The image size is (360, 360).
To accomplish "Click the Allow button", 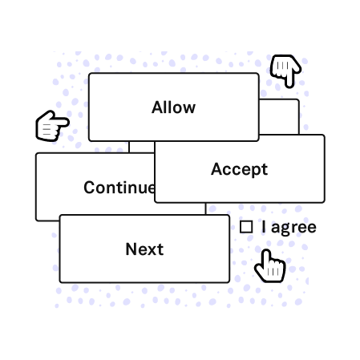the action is pos(174,107).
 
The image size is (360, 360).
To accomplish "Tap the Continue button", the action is pos(95,187).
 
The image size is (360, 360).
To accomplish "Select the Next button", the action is pos(144,249).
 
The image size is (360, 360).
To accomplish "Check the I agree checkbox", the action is pos(246,227).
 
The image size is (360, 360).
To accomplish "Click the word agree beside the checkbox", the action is pos(293,228).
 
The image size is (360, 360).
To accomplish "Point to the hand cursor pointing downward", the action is pos(285,71).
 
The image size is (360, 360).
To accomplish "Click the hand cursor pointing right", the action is pos(52,126).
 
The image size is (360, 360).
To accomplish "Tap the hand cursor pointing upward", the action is pos(270,266).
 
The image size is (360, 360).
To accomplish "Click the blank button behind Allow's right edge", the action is pos(279,117).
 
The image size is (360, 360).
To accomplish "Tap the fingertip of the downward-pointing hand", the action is pos(289,86).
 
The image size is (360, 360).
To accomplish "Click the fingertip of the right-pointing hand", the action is pos(67,123).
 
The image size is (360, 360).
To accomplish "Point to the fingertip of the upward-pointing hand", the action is pos(265,252).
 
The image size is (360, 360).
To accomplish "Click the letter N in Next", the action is pos(131,249).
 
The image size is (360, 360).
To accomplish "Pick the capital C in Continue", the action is pos(90,188).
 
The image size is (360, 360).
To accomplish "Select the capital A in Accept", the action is pos(216,169).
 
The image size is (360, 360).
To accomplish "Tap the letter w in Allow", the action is pos(189,109).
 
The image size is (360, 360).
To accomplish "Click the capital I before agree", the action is pos(264,227).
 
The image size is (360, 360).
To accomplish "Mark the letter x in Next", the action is pos(154,251).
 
